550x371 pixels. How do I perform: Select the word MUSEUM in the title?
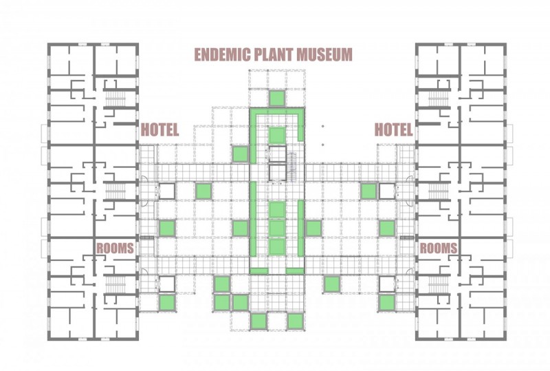(x=324, y=55)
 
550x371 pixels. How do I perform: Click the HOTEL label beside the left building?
(x=159, y=129)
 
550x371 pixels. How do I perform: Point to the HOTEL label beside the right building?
(x=393, y=129)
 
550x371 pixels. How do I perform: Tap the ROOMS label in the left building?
(x=115, y=248)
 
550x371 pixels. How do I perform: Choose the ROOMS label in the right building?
(x=439, y=248)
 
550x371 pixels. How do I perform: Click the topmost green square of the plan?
(x=277, y=98)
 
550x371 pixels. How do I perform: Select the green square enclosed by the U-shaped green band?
(x=277, y=135)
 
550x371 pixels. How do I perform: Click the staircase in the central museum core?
(x=291, y=167)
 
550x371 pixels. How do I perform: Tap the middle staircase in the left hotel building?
(x=115, y=191)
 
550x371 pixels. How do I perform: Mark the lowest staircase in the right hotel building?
(x=439, y=283)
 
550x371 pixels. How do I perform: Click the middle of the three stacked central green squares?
(x=277, y=228)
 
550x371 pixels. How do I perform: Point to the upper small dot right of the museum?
(x=322, y=126)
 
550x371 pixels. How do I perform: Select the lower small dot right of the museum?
(x=322, y=145)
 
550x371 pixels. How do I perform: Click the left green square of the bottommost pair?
(x=259, y=321)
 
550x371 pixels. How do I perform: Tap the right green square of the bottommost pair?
(x=295, y=321)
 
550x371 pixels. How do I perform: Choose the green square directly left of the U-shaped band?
(x=241, y=154)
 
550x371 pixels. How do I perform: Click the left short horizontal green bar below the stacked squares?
(x=259, y=271)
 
